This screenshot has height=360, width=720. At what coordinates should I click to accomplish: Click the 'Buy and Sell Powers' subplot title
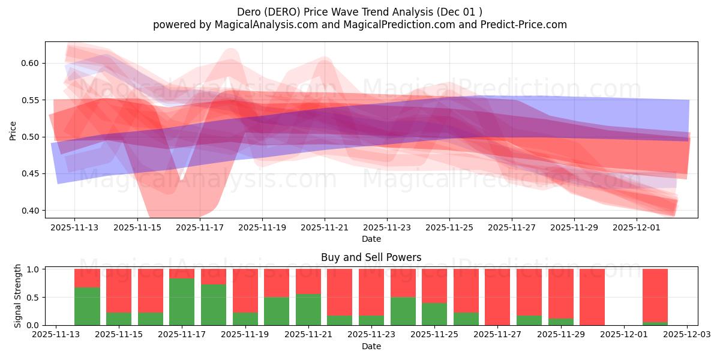(371, 257)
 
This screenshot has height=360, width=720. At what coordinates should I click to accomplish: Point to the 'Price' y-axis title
(13, 130)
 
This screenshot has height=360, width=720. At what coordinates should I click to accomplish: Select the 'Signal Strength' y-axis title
(18, 296)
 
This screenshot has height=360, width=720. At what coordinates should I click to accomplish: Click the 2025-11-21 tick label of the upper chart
(325, 228)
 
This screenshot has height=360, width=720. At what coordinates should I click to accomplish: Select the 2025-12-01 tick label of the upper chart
(637, 228)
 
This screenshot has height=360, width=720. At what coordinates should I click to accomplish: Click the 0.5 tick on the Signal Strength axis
(33, 297)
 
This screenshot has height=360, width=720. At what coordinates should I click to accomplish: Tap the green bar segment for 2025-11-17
(182, 302)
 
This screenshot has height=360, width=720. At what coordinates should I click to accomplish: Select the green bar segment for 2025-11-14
(87, 307)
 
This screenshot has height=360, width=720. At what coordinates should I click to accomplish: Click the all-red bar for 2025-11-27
(497, 297)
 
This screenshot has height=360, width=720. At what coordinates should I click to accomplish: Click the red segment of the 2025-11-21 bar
(308, 281)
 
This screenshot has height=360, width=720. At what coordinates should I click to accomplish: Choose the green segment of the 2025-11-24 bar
(403, 311)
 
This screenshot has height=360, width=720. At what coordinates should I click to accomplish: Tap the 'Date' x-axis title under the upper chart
(371, 239)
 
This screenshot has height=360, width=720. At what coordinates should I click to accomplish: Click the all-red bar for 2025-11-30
(592, 297)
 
